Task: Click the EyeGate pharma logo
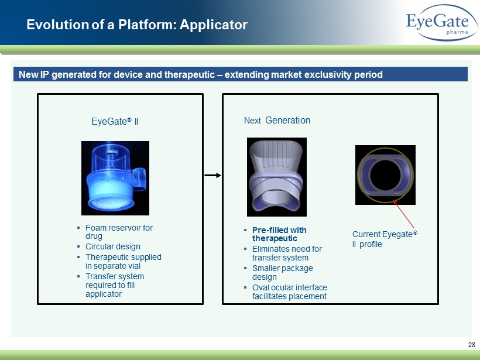pos(442,23)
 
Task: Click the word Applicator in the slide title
pos(214,25)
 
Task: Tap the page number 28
pos(471,345)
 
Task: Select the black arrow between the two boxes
pos(212,176)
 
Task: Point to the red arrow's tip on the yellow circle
pos(394,201)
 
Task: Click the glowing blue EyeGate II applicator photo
pos(115,178)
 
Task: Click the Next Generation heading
pos(277,121)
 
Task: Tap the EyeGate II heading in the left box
pos(115,122)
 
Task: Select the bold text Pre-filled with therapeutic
pos(279,234)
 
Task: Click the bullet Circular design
pos(112,246)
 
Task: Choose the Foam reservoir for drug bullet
pos(119,232)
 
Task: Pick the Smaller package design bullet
pos(283,272)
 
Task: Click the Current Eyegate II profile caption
pos(385,239)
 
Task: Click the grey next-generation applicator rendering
pos(277,177)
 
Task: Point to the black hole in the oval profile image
pos(385,175)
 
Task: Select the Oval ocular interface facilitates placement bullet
pos(290,292)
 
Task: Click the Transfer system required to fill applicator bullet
pos(115,285)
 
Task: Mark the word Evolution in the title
pos(57,25)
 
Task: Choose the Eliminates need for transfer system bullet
pos(287,253)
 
